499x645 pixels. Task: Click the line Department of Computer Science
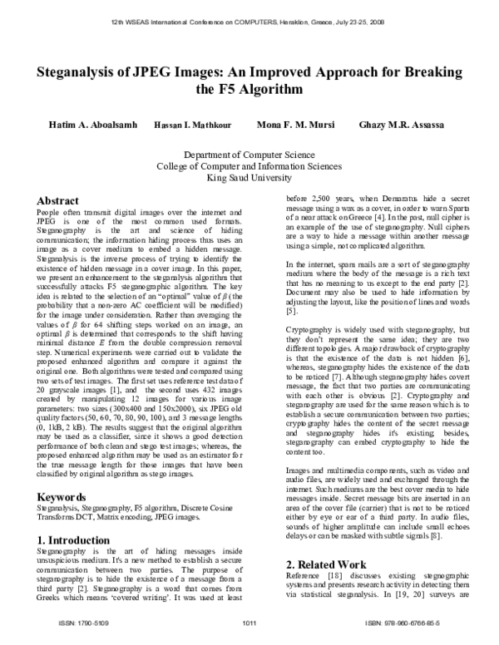click(x=249, y=155)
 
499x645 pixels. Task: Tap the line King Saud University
click(x=249, y=176)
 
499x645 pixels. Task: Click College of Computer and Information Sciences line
click(x=249, y=165)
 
